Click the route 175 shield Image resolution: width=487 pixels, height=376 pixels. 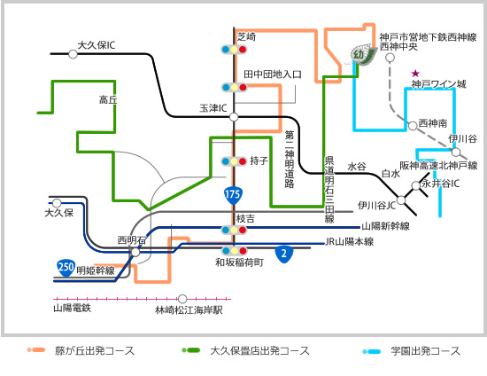click(233, 195)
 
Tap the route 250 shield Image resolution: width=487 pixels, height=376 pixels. click(66, 268)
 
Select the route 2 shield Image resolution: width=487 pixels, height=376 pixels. click(284, 254)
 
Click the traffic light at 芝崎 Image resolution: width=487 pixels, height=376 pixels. click(234, 50)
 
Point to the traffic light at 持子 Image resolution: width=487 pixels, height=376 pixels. click(234, 161)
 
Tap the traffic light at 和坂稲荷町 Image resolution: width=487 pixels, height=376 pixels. click(234, 251)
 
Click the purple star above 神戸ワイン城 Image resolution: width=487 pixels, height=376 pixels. click(415, 74)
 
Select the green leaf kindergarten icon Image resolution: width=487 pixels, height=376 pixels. click(362, 55)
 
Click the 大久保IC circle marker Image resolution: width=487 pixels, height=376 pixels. click(73, 54)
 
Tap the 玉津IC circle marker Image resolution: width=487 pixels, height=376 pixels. click(234, 117)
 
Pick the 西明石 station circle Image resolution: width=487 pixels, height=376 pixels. click(135, 252)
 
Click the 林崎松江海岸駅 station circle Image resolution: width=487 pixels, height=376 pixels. click(182, 299)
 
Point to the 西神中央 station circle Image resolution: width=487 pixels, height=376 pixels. click(390, 58)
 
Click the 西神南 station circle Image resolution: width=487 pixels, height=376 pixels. click(413, 126)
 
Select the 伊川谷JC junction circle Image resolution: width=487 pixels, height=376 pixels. click(401, 200)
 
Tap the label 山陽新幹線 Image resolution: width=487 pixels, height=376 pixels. click(385, 226)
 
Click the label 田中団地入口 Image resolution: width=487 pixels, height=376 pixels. click(273, 74)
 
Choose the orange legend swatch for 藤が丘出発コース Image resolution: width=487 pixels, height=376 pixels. click(36, 350)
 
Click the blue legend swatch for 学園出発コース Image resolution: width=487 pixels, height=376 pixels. click(372, 352)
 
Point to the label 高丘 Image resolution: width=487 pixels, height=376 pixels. click(108, 100)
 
